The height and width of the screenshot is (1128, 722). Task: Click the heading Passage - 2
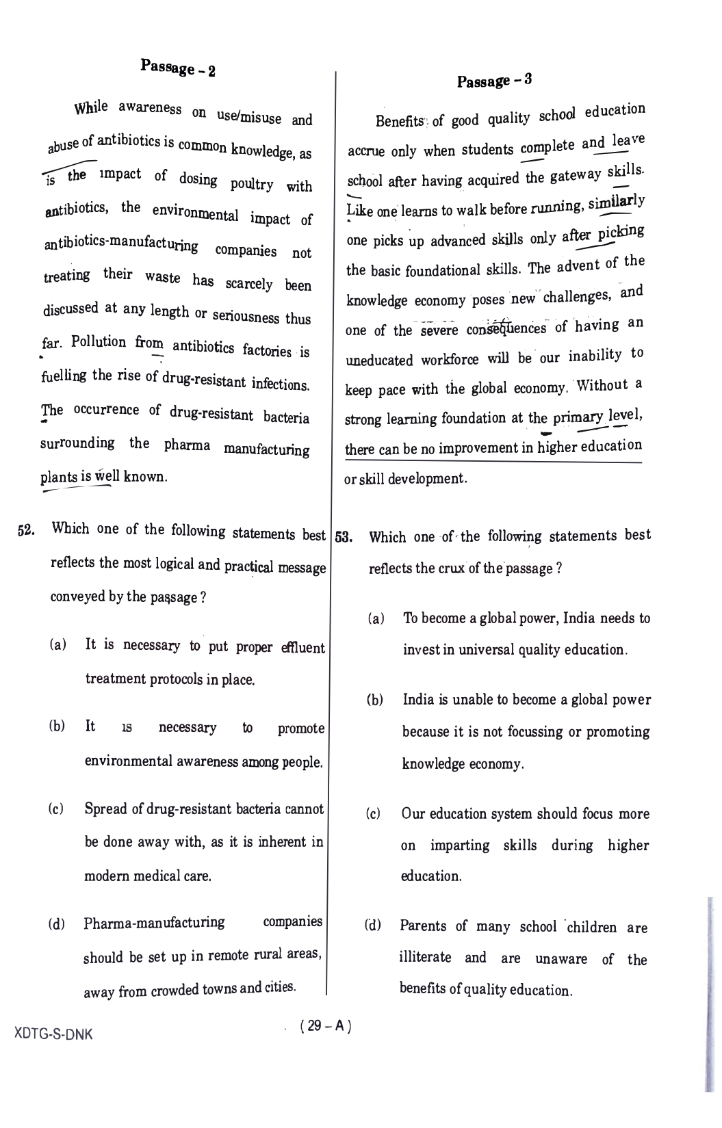[178, 68]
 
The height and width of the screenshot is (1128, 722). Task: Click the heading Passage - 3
[494, 81]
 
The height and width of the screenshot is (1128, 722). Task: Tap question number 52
[26, 531]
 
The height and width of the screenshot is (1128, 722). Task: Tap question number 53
[344, 537]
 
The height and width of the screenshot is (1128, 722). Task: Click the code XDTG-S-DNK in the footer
[53, 1034]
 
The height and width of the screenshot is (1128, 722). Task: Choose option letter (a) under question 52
[58, 645]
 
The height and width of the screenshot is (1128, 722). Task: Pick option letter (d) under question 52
[57, 925]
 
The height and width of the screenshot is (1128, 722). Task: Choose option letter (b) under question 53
[375, 700]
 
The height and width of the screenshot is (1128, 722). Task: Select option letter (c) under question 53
[374, 814]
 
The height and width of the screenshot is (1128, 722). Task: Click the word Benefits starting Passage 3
[400, 121]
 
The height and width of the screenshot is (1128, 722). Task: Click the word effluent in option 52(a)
[303, 647]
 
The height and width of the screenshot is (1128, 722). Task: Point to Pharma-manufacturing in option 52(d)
[154, 923]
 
